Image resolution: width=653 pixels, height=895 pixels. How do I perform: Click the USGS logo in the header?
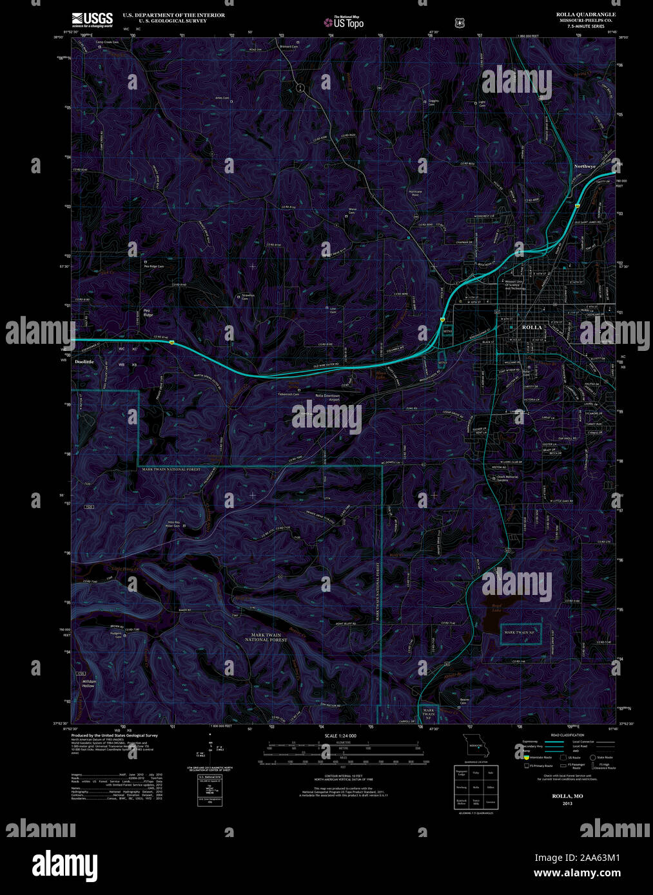(92, 19)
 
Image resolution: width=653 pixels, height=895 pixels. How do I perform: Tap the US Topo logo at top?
(344, 22)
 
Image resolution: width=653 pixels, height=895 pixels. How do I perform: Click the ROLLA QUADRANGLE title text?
(585, 14)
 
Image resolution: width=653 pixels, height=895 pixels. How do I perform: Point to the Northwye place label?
(585, 166)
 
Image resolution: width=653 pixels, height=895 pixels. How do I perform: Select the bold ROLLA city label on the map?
(532, 327)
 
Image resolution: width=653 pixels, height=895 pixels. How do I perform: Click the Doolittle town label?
(84, 362)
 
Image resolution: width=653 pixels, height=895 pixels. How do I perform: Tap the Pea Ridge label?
(148, 313)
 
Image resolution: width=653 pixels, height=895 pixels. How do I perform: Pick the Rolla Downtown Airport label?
(327, 397)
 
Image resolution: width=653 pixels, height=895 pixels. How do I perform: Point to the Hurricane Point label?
(415, 193)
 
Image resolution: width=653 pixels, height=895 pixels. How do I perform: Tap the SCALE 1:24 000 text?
(340, 735)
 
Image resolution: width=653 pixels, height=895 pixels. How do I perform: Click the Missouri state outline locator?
(476, 747)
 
